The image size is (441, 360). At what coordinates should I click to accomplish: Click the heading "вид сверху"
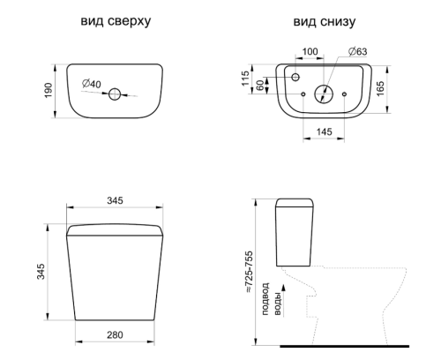[x=116, y=21]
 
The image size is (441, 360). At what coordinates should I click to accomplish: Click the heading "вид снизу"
[x=325, y=22]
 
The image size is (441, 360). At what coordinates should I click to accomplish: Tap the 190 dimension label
[x=48, y=91]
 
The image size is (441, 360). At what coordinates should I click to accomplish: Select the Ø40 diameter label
[x=92, y=84]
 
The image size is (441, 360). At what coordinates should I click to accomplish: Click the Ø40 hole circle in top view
[x=115, y=94]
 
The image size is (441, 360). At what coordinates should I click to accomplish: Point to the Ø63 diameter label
[x=358, y=51]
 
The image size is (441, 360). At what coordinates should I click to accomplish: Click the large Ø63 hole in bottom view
[x=324, y=94]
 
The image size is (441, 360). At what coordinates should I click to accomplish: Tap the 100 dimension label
[x=310, y=51]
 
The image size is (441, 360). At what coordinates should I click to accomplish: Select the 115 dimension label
[x=245, y=79]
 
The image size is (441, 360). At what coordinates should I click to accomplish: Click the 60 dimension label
[x=260, y=86]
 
